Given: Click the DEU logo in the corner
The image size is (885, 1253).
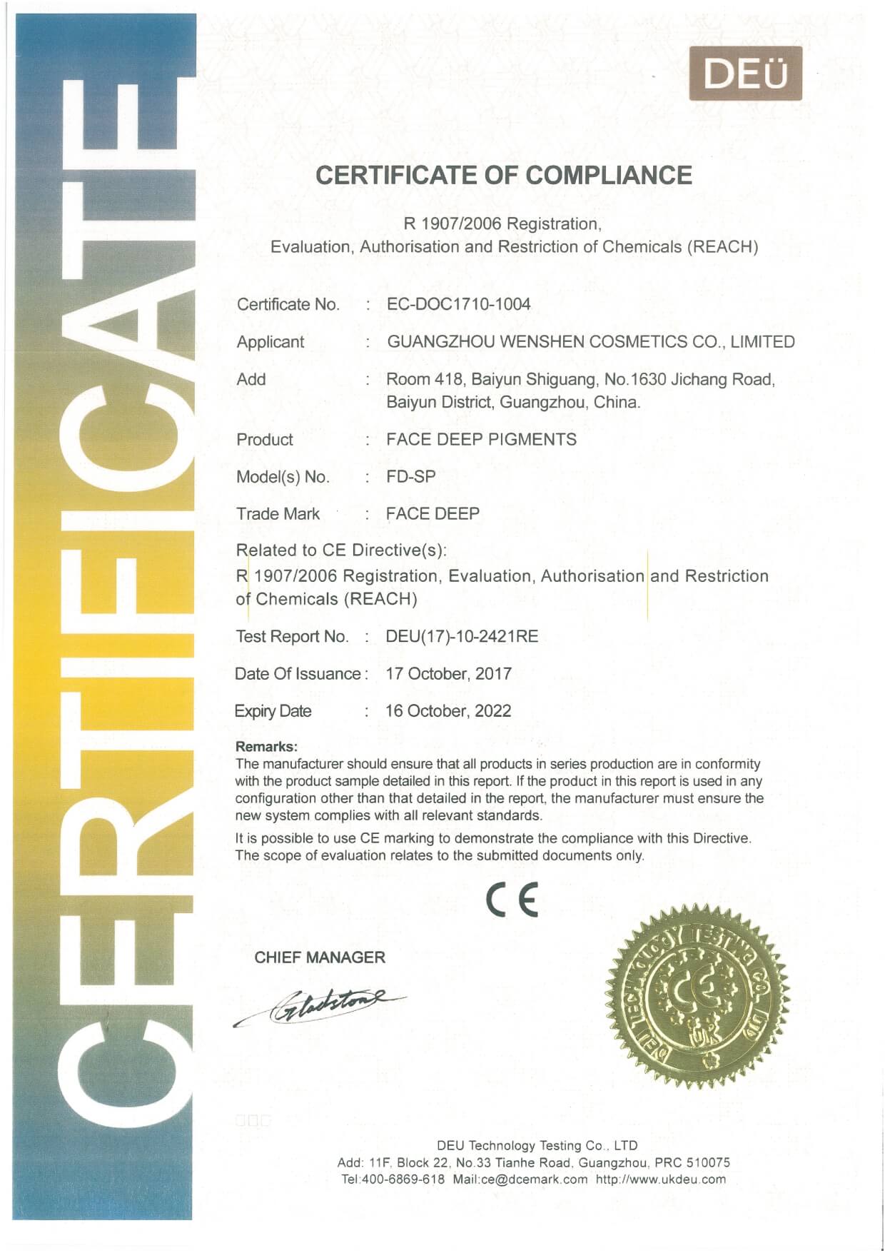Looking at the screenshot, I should click(x=745, y=74).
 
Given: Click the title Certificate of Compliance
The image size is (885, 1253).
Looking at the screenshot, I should click(x=504, y=176).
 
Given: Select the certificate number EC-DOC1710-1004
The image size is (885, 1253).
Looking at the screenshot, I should click(x=458, y=304).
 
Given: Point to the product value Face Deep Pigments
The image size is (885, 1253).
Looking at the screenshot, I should click(x=481, y=439).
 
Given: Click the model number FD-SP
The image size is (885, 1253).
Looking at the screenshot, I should click(x=410, y=476).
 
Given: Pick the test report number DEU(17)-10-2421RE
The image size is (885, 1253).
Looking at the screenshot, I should click(x=462, y=636).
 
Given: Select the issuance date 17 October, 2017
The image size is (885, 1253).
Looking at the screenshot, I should click(x=448, y=673).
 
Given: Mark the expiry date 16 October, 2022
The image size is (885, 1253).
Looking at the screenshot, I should click(x=448, y=710).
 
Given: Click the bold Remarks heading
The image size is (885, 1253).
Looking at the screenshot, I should click(x=266, y=747).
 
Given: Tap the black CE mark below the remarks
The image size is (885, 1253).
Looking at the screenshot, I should click(x=512, y=901).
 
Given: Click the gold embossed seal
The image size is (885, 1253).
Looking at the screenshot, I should click(x=697, y=997).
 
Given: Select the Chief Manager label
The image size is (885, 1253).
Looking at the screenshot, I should click(x=320, y=957).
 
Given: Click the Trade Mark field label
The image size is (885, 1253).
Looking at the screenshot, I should click(x=278, y=513).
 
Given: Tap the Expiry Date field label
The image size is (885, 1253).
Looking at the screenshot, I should click(x=273, y=711).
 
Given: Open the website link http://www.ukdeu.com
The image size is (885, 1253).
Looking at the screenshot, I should click(x=660, y=1179).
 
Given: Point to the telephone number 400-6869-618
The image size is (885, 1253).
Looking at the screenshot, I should click(x=403, y=1179).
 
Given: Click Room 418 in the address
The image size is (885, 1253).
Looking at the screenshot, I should click(x=415, y=379).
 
